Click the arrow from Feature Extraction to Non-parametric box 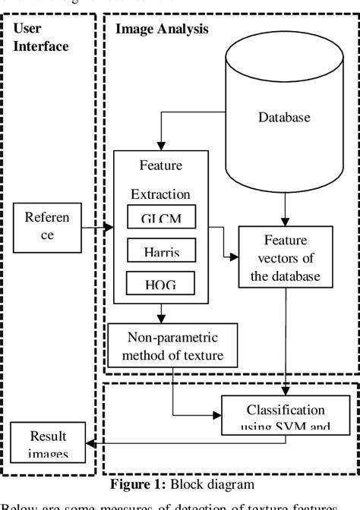(161, 313)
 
